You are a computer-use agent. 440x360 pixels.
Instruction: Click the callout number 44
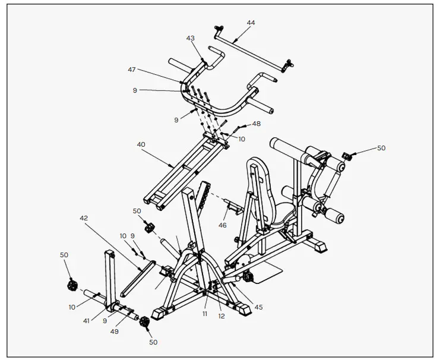[251, 23]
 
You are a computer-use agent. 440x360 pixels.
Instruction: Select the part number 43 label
[190, 38]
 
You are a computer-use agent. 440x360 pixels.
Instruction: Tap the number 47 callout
[132, 70]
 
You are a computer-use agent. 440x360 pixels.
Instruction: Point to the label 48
[256, 124]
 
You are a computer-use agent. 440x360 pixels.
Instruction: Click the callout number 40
[141, 144]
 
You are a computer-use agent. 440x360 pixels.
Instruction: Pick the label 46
[223, 226]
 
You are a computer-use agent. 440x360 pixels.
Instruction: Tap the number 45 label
[258, 307]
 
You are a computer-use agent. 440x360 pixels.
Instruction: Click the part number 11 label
[204, 313]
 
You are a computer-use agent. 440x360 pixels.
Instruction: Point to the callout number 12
[222, 315]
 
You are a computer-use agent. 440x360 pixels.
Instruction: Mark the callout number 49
[114, 331]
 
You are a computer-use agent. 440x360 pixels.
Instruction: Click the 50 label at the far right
[381, 148]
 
